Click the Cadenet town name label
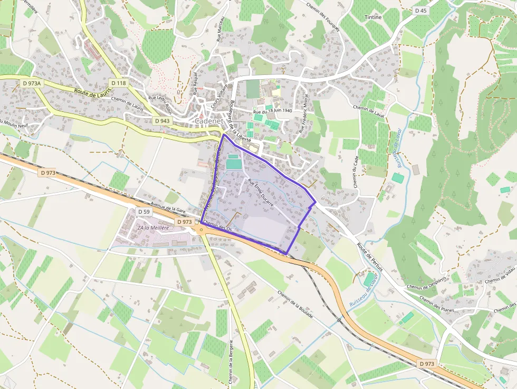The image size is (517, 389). (210, 121)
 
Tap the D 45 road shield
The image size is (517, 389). (420, 11)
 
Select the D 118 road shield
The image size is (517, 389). (119, 83)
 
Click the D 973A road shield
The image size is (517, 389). (32, 83)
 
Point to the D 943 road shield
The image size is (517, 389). (162, 121)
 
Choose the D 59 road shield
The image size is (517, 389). (144, 212)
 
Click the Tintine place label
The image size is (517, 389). (373, 17)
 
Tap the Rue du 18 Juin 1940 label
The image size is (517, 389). (272, 111)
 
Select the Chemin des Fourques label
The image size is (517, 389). (323, 16)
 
